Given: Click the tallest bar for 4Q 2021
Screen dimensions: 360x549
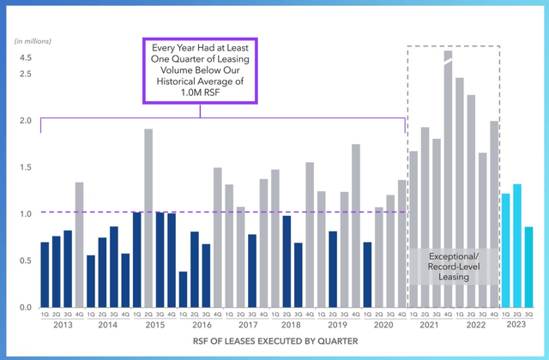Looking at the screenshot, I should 448,180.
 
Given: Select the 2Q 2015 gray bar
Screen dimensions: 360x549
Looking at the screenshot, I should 148,219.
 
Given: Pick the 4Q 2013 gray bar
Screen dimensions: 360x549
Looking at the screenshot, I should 80,245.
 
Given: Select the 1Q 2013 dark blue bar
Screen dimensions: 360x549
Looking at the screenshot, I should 45,275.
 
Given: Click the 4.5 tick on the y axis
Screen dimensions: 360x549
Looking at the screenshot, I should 26,57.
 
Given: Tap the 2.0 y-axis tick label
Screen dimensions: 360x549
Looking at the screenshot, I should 26,121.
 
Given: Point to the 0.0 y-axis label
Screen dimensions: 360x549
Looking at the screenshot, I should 26,308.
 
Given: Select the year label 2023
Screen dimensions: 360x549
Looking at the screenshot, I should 516,327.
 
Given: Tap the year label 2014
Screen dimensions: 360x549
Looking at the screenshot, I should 108,327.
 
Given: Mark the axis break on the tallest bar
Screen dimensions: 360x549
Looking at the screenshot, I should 448,57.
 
